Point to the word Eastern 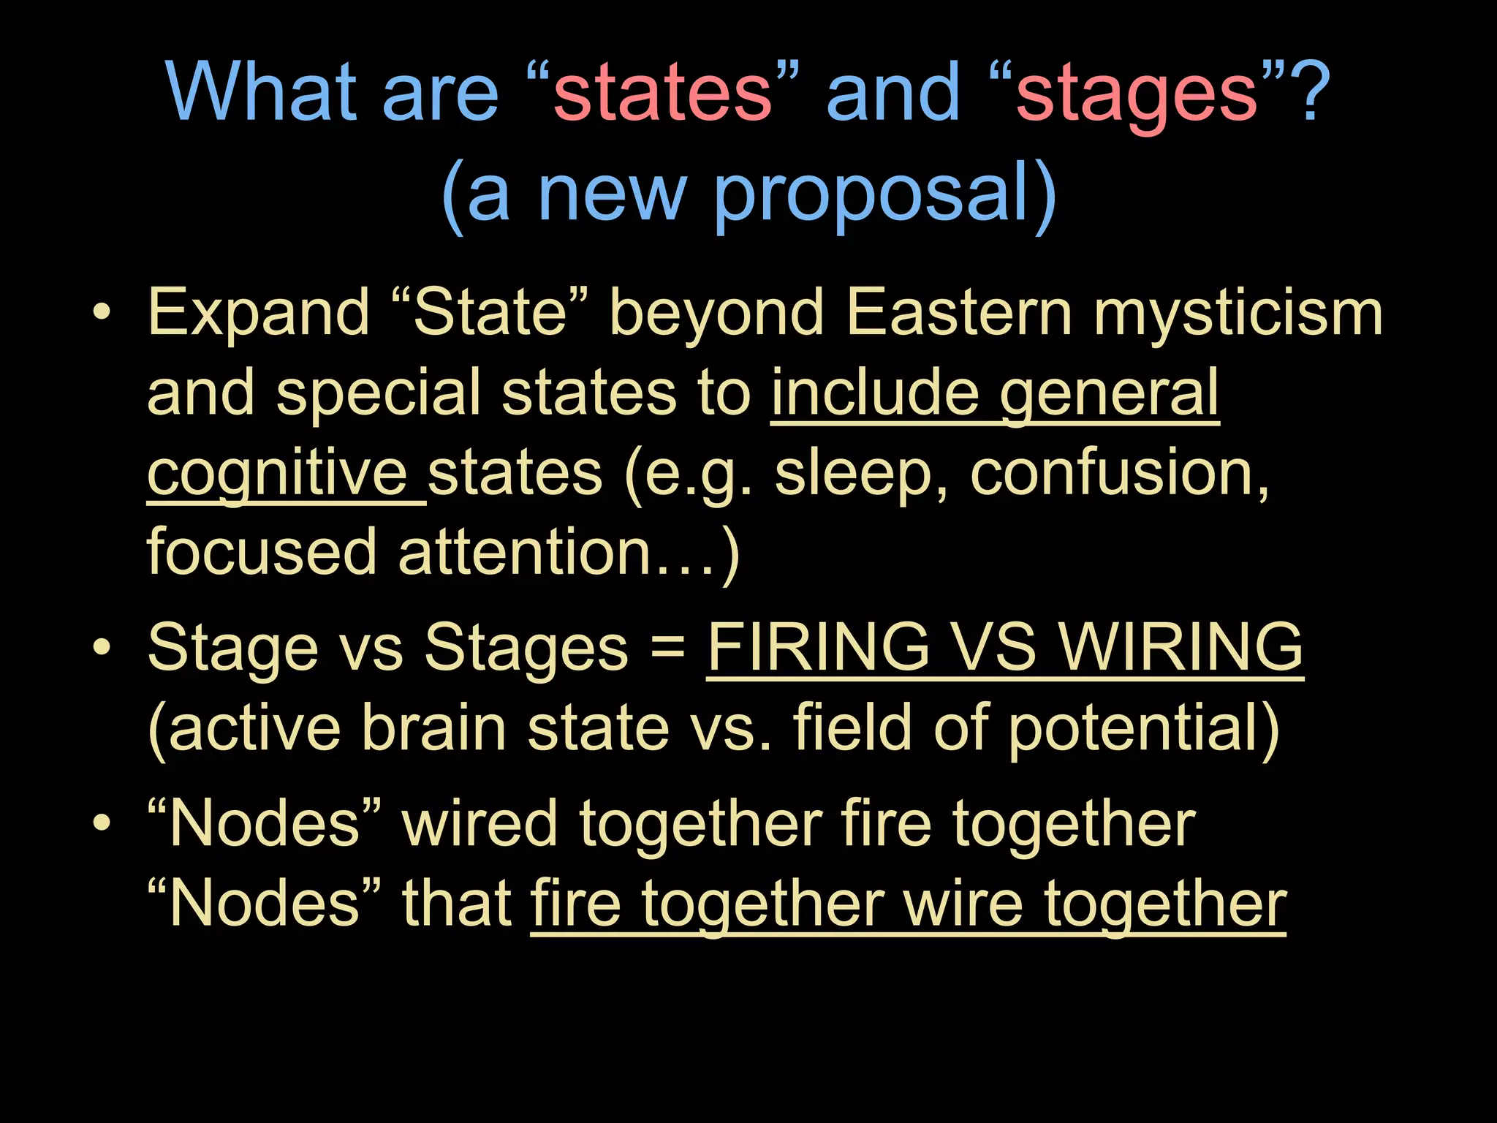958,313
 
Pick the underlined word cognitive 278,474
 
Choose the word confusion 1119,473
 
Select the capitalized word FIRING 818,647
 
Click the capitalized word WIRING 1181,647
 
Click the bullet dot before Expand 102,313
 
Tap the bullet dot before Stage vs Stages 102,647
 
